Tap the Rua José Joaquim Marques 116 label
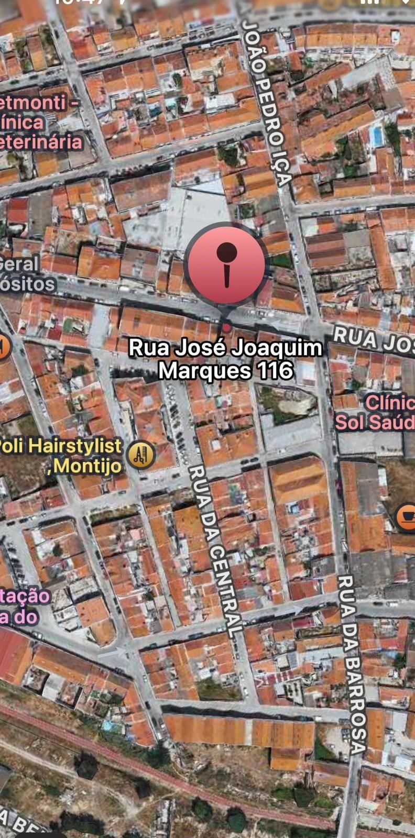pos(225,359)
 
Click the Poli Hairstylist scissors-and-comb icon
pos(140,454)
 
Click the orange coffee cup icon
pos(406,517)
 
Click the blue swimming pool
pos(376,135)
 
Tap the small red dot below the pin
pos(226,327)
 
